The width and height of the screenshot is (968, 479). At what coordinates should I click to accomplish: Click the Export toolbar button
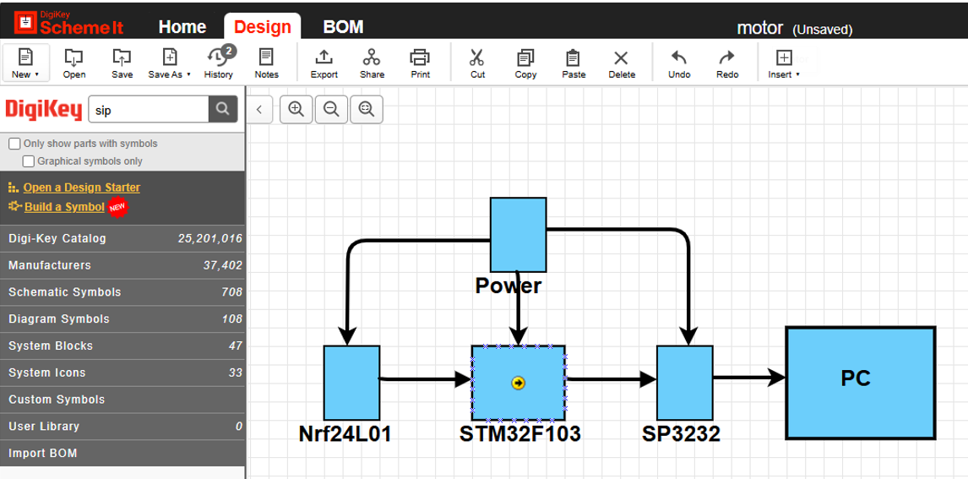pos(324,64)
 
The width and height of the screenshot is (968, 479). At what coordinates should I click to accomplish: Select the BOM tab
pos(343,27)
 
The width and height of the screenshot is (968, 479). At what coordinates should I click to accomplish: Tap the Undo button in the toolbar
pos(679,64)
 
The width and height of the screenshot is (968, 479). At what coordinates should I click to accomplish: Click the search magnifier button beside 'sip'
pos(223,109)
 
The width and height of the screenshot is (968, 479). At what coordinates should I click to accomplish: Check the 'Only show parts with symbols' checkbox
pos(15,144)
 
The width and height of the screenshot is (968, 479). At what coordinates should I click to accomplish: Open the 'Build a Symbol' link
pos(64,207)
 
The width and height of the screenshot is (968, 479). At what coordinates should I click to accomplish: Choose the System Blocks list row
pos(122,346)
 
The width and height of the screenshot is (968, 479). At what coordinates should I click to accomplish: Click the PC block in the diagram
pos(861,383)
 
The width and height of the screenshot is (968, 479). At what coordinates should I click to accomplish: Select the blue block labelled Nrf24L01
pos(352,383)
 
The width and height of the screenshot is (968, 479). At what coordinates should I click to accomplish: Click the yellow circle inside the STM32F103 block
pos(518,384)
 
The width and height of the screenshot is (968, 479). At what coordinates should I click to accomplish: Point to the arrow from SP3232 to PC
pos(749,377)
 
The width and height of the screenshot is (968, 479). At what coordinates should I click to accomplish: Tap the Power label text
pos(508,286)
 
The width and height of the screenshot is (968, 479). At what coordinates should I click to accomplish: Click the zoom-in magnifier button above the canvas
pos(296,110)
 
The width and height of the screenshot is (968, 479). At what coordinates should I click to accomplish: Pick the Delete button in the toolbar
pos(621,64)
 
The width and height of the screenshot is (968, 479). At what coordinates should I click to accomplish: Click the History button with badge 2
pos(219,64)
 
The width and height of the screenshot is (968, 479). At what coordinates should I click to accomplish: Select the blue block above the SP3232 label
pos(685,383)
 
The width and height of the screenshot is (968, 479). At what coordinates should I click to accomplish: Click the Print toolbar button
pos(420,64)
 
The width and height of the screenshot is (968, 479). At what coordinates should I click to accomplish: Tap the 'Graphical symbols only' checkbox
pos(29,161)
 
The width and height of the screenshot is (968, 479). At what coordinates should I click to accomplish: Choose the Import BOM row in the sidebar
pos(122,453)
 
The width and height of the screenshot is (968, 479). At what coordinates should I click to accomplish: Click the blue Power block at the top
pos(518,235)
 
